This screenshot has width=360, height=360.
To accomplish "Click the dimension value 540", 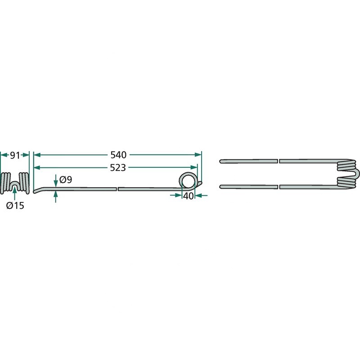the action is pyautogui.click(x=118, y=155).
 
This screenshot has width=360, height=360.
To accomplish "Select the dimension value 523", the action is pyautogui.click(x=118, y=168).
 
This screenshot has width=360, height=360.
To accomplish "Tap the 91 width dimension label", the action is pyautogui.click(x=15, y=155).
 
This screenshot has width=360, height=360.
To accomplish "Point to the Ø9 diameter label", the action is pyautogui.click(x=66, y=180).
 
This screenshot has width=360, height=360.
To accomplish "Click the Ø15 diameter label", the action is pyautogui.click(x=15, y=206).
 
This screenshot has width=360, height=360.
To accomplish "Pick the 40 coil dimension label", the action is pyautogui.click(x=189, y=196).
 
